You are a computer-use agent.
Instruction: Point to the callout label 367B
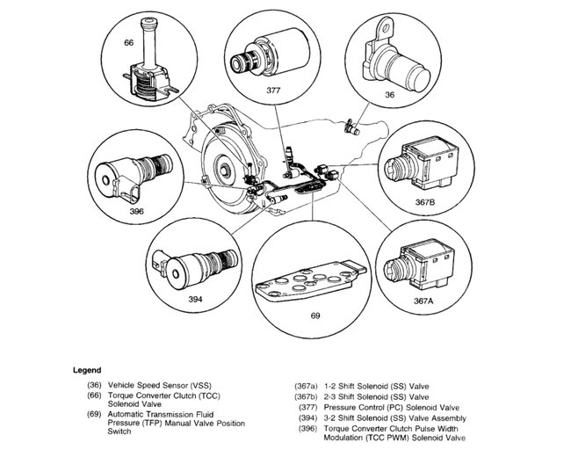(424, 201)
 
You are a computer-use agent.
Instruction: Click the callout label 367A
(423, 300)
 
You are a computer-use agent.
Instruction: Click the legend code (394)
(305, 418)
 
